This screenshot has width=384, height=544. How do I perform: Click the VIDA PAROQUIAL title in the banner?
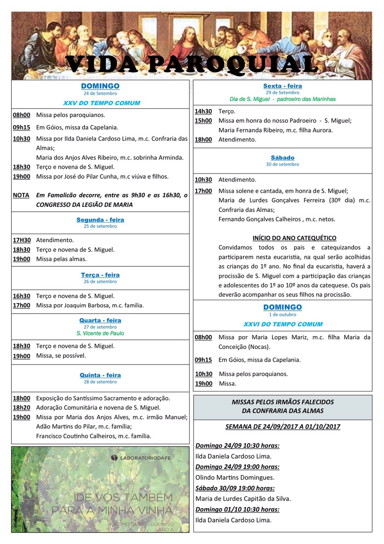pyautogui.click(x=192, y=64)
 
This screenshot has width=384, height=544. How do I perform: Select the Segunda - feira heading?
pyautogui.click(x=100, y=220)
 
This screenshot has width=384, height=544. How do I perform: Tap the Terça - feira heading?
pyautogui.click(x=100, y=275)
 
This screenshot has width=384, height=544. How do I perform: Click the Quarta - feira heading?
pyautogui.click(x=100, y=321)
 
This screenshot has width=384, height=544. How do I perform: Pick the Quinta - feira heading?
pyautogui.click(x=100, y=375)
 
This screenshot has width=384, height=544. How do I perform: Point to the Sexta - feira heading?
pyautogui.click(x=282, y=86)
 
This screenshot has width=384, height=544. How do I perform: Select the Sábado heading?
pyautogui.click(x=282, y=158)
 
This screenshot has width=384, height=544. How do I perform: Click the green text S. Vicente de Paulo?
pyautogui.click(x=100, y=333)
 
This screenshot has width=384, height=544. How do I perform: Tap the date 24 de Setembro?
pyautogui.click(x=100, y=93)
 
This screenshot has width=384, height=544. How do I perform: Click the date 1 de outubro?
pyautogui.click(x=282, y=314)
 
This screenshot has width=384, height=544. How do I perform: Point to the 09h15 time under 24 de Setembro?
pyautogui.click(x=22, y=127)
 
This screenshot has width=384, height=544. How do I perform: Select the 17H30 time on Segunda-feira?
pyautogui.click(x=22, y=240)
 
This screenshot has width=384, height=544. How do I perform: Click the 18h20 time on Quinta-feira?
pyautogui.click(x=22, y=407)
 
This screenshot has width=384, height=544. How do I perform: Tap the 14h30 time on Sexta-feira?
pyautogui.click(x=203, y=111)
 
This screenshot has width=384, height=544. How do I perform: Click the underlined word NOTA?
pyautogui.click(x=21, y=195)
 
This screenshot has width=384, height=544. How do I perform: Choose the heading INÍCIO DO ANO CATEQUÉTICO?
pyautogui.click(x=294, y=238)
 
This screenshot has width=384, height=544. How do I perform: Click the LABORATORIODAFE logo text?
pyautogui.click(x=145, y=458)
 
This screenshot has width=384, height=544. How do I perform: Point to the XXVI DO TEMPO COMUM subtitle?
pyautogui.click(x=282, y=324)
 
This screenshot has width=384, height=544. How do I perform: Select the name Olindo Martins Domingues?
pyautogui.click(x=235, y=478)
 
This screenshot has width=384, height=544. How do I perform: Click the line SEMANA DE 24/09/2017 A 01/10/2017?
pyautogui.click(x=282, y=427)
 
